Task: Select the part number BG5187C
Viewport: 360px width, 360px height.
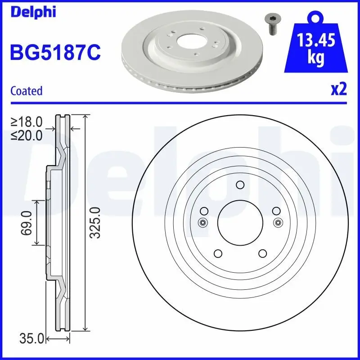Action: [55, 52]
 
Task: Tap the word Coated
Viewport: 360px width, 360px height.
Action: [26, 91]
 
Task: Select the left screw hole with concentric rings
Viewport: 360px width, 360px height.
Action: [202, 222]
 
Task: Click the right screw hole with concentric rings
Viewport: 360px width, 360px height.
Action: [278, 222]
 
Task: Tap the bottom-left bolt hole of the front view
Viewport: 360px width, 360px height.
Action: [217, 254]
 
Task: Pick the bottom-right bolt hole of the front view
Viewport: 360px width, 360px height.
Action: [263, 254]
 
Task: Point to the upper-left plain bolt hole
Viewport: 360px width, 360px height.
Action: [204, 211]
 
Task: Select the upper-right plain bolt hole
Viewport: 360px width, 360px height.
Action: [276, 211]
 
